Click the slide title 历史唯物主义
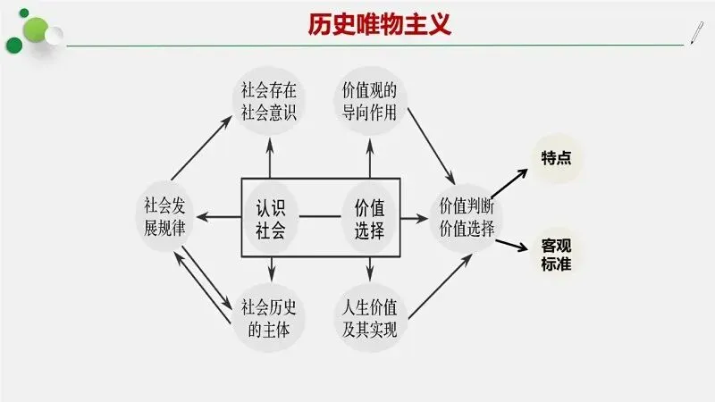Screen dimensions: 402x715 pos(374,23)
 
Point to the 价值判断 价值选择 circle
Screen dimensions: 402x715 pos(467,215)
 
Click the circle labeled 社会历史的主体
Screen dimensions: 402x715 pos(269,318)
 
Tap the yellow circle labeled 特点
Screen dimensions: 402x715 pos(556,158)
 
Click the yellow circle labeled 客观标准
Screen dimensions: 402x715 pos(556,254)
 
